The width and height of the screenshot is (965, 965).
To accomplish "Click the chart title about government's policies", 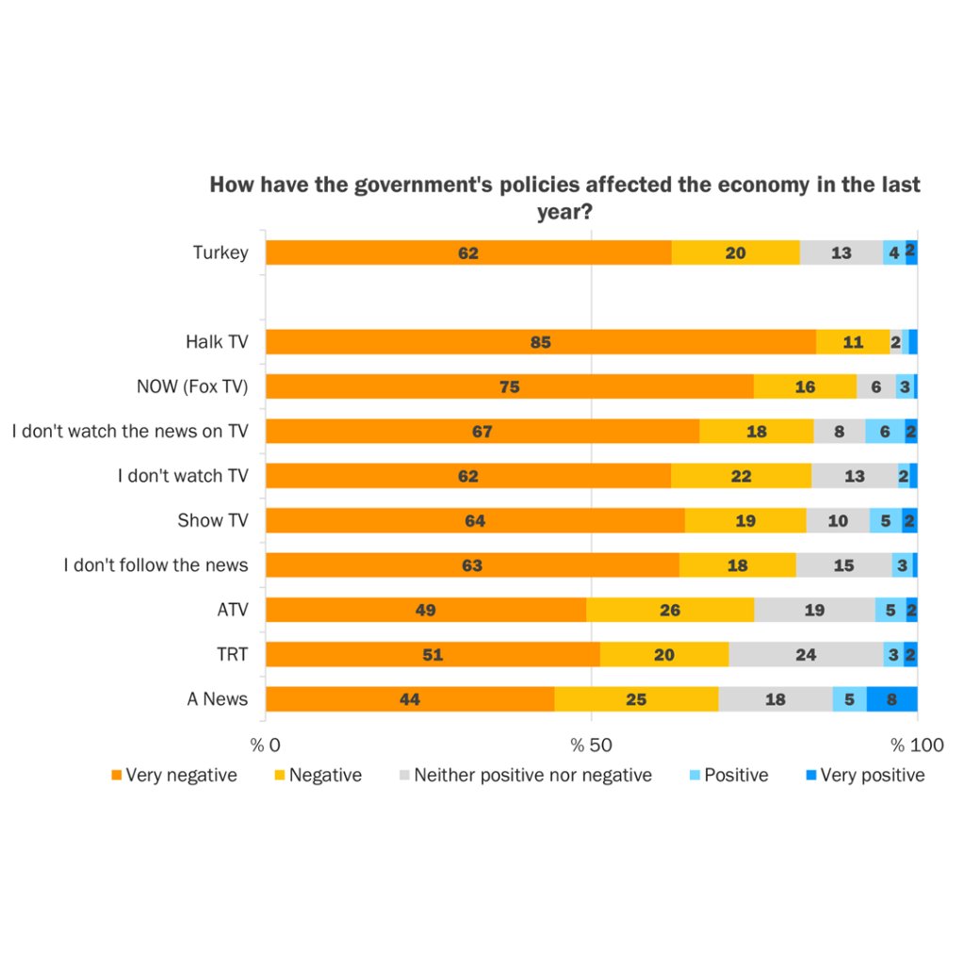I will [564, 198].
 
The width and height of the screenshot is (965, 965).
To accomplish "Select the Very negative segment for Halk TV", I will [540, 342].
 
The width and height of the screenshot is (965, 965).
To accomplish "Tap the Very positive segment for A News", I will [891, 698].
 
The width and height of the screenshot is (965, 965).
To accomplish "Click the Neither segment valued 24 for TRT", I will [806, 654].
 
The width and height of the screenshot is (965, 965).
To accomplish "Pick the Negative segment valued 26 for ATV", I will [670, 610].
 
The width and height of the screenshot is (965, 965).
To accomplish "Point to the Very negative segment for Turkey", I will [468, 253].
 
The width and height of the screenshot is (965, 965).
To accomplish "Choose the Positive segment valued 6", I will [885, 432].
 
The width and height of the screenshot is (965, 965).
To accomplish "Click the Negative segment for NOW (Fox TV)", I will [805, 386].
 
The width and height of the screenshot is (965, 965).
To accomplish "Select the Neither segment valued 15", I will [843, 565].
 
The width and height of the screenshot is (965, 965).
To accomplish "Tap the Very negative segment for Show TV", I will [475, 520].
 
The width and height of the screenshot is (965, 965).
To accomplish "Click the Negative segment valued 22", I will [741, 476].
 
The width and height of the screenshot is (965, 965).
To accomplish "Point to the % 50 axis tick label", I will [591, 745].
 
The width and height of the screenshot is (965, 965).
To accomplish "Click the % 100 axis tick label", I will [917, 745].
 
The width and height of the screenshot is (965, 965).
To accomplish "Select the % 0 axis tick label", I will [266, 745].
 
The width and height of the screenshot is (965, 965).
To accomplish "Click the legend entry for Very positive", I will [864, 776].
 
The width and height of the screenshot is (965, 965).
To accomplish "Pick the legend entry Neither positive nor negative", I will [525, 776].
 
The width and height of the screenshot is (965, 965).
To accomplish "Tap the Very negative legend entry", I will [173, 776].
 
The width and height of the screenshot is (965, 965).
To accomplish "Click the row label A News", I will [218, 698].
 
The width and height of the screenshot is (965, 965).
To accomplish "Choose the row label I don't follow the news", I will [155, 565].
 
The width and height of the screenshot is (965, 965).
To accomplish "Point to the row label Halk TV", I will [217, 342].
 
